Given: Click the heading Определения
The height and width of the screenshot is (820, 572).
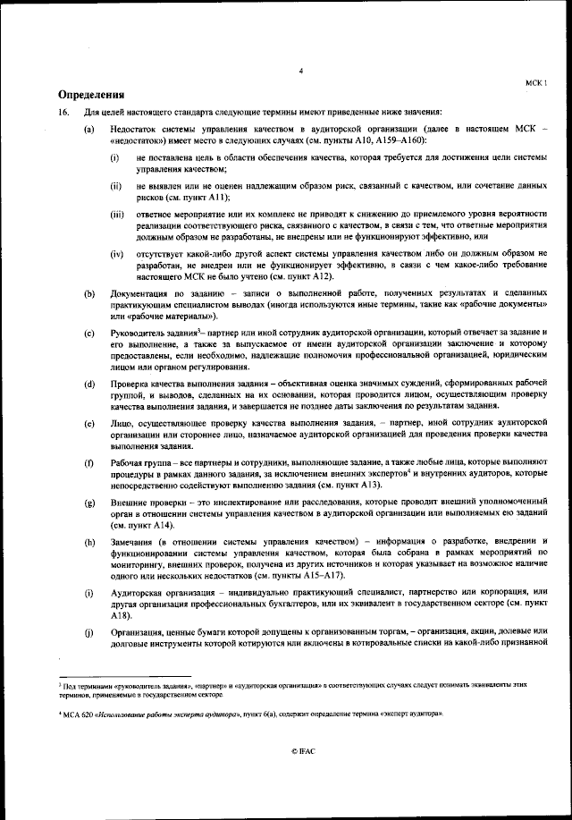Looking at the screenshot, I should (90, 94).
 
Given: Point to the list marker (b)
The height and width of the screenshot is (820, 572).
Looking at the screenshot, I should (89, 294).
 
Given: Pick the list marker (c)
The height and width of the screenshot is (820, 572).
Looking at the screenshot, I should (89, 333).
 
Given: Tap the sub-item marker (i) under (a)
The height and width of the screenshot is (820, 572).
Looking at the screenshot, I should (115, 157).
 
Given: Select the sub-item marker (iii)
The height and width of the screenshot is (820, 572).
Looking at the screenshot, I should (116, 215).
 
